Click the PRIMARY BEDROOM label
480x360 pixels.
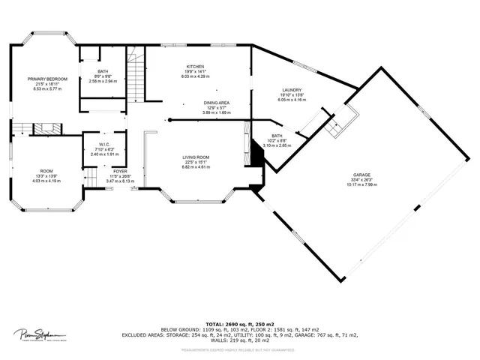(x=48, y=79)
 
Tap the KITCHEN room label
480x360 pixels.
(x=195, y=67)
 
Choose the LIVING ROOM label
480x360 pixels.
(x=196, y=157)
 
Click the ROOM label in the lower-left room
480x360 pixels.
(x=46, y=171)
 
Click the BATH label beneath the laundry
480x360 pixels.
(x=277, y=136)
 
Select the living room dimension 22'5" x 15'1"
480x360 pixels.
(x=196, y=163)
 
